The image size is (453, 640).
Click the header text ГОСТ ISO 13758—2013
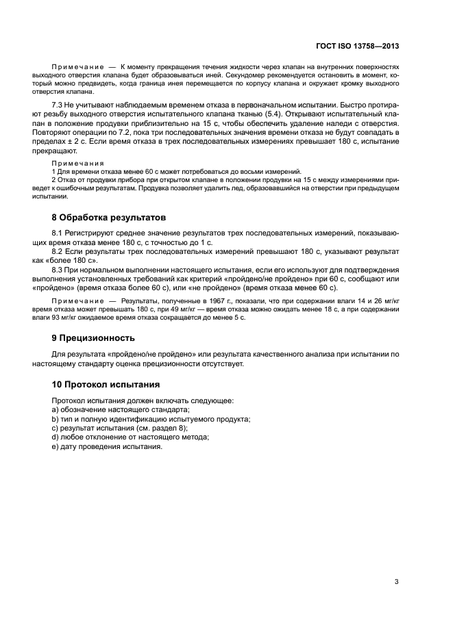358,47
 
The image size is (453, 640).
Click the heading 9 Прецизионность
93,337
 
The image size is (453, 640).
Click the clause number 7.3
58,104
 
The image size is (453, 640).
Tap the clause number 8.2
58,253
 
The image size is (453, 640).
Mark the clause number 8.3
58,271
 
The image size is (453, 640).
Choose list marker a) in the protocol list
56,409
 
